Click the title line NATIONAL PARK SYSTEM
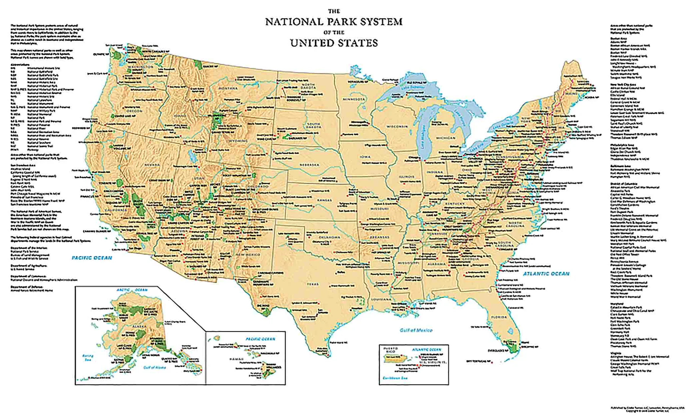[x=334, y=22]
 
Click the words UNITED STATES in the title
[x=334, y=43]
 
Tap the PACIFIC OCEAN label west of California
[x=92, y=258]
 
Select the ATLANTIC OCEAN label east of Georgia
[x=546, y=274]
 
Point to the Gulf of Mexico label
[x=416, y=330]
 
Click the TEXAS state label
[x=312, y=284]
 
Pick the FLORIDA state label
[x=499, y=317]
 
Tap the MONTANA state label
[x=228, y=88]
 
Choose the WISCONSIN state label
[x=397, y=126]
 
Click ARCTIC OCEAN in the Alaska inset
[x=132, y=290]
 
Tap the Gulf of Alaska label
[x=155, y=367]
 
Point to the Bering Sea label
[x=88, y=357]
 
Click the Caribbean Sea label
[x=395, y=378]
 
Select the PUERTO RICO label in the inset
[x=390, y=350]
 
